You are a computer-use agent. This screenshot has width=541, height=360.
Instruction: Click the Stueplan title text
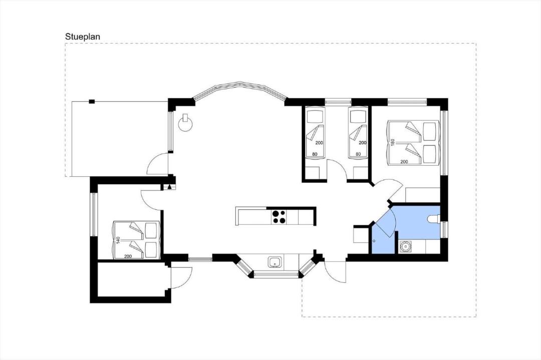[83, 37]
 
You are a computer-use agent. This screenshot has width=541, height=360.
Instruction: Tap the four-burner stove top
[279, 217]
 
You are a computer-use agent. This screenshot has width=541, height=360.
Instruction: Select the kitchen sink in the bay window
[275, 262]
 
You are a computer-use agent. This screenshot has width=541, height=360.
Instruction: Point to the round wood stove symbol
[186, 123]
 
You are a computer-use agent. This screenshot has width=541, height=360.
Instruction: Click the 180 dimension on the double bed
[392, 142]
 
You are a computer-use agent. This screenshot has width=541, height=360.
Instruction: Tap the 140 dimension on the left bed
[118, 240]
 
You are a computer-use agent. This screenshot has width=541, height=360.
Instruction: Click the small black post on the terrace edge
[92, 101]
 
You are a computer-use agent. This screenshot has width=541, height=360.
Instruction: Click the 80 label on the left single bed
[315, 154]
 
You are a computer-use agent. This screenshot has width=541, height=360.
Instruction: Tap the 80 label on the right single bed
[358, 154]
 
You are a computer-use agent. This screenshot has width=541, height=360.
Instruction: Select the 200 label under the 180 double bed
[404, 161]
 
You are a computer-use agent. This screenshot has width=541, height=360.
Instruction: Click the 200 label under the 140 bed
[128, 256]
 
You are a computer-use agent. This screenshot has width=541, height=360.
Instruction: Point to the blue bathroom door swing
[384, 222]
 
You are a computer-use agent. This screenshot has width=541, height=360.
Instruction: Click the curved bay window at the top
[240, 90]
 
